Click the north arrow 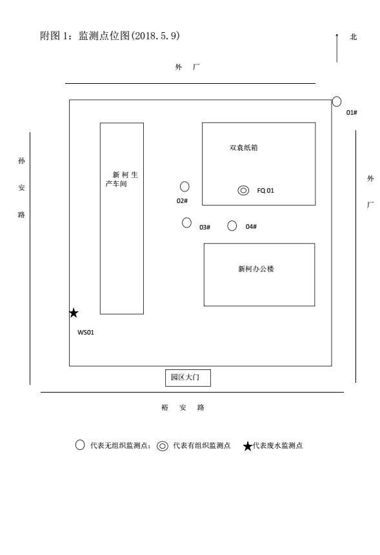pos(337,48)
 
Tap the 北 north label pos(354,37)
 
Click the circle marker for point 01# pos(336,102)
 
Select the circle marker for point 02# pos(185,186)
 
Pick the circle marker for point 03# pos(186,222)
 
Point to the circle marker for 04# pos(232,226)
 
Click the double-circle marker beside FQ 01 pos(243,190)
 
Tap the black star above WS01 pos(74,313)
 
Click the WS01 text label pos(86,333)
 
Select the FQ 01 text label pos(266,190)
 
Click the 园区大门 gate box pos(188,378)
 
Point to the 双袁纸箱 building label pos(244,148)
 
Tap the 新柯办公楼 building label pos(256,269)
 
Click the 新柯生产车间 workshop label pos(122,179)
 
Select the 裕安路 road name pos(183,407)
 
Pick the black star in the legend pos(248,446)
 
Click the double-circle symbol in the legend pos(163,446)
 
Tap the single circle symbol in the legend pos(80,445)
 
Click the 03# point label pos(205,228)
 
